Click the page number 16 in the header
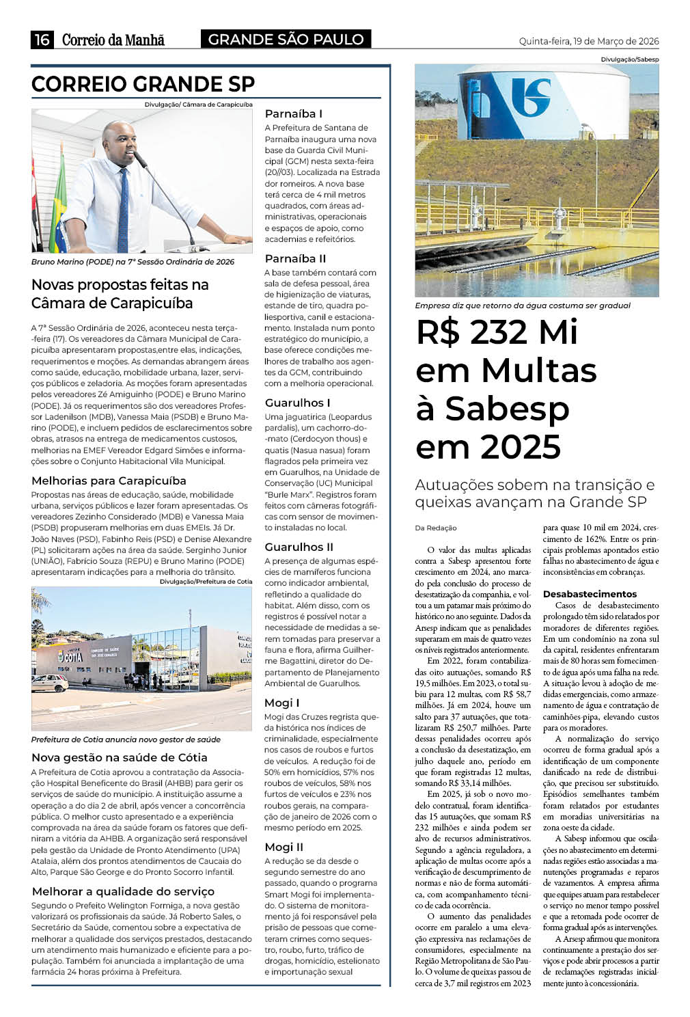(42, 40)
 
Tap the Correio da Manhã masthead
(113, 40)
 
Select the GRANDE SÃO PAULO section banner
(286, 40)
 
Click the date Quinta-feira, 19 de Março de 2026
(588, 41)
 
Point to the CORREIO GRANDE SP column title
(143, 84)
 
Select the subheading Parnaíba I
(293, 113)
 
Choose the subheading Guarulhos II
(299, 547)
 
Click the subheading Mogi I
(281, 703)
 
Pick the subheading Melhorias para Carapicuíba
(109, 480)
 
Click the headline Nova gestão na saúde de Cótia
(119, 757)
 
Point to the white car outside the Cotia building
(49, 682)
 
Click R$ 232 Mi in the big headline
(497, 332)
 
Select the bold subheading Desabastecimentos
(590, 594)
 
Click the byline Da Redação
(435, 528)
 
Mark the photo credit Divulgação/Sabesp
(629, 59)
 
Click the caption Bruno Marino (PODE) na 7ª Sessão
(133, 262)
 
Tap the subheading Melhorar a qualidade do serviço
(123, 891)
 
